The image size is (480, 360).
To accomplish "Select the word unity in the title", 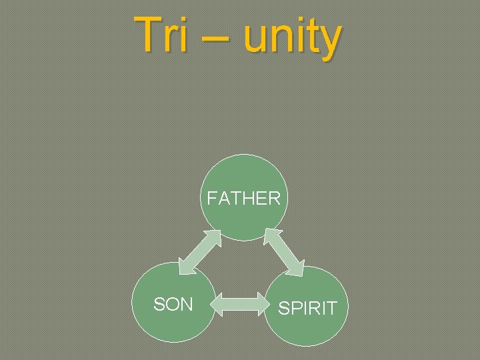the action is [x=292, y=38].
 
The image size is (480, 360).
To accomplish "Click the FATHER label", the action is [x=243, y=199].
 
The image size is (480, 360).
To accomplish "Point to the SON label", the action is [x=173, y=305].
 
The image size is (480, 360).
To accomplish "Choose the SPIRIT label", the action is [x=307, y=309].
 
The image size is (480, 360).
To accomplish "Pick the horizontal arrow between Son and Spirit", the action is [x=239, y=307].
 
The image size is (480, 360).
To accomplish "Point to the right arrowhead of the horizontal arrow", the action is [x=260, y=307].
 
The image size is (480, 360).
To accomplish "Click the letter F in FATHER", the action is [x=211, y=199].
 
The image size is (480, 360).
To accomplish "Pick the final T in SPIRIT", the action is [x=332, y=309].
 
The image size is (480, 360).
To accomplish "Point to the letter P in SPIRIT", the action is [x=295, y=309].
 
